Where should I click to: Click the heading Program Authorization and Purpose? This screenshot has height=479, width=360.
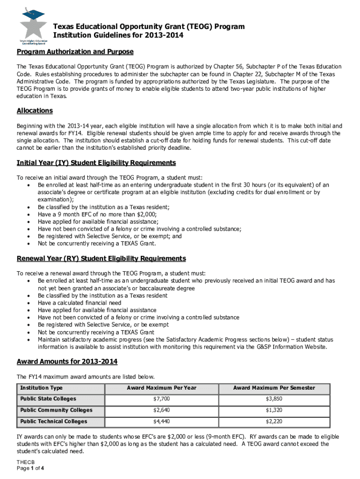(x=75, y=51)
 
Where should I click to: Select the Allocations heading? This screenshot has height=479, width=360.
(x=35, y=111)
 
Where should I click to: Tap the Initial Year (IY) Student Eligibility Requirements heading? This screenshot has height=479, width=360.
(x=96, y=163)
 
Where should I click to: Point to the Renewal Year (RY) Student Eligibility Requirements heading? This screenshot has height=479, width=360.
(x=101, y=259)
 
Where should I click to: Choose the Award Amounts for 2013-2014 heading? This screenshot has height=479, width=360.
(x=67, y=362)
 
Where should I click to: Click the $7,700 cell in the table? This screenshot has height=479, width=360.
(x=162, y=399)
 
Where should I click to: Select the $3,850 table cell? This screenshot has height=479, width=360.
(x=274, y=399)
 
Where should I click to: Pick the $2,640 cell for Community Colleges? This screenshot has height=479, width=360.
(x=162, y=410)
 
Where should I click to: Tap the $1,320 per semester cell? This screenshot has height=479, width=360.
(x=274, y=410)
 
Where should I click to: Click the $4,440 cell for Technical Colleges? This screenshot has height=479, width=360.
(x=162, y=421)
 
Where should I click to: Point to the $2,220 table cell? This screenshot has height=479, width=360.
(x=274, y=421)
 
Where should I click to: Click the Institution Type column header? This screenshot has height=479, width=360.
(x=41, y=388)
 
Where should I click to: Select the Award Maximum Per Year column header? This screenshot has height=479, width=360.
(x=162, y=388)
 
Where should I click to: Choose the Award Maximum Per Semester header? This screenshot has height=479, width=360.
(x=274, y=388)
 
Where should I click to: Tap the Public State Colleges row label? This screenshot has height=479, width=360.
(x=48, y=399)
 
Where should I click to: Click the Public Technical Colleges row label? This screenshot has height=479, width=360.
(x=54, y=421)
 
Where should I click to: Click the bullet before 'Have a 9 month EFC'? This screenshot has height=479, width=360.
(x=29, y=214)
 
